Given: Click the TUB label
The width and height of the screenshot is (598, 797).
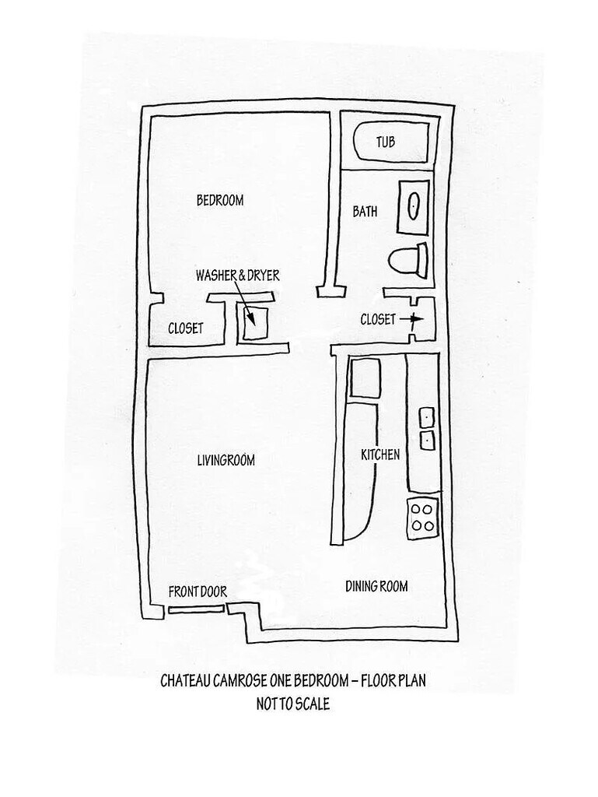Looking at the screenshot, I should coord(386,142).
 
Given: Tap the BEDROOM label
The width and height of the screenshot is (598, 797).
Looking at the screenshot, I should coord(219,201).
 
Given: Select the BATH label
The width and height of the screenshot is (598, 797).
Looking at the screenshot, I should coord(365,211).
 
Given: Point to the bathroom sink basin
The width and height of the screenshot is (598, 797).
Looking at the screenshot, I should coord(414,206).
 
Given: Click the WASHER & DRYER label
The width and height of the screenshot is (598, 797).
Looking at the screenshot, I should coord(237,276).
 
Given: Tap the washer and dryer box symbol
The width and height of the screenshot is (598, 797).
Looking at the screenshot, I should coord(254,321).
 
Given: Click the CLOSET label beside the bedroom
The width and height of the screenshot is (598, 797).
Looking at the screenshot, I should coord(186,328).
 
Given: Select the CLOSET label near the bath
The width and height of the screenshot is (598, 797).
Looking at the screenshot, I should coord(379,319).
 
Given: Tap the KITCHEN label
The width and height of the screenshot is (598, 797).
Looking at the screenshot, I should coord(379,455).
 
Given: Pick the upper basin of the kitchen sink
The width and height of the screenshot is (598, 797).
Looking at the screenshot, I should coord(426,418).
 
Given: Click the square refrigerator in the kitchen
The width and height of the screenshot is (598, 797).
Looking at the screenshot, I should coord(362,379).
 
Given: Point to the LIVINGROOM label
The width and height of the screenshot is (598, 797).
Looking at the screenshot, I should coord(226,460).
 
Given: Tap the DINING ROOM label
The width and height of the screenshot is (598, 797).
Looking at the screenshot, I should coord(376,586).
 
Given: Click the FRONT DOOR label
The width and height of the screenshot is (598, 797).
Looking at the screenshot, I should coord(198,592).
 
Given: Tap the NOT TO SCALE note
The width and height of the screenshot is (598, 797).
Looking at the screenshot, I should coord(293,704).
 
